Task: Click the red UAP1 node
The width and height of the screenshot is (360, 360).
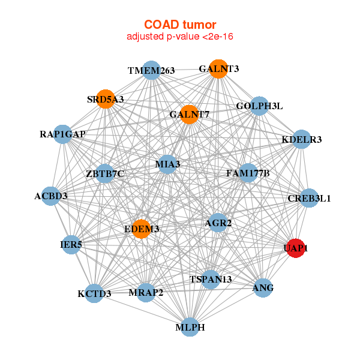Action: [296, 248]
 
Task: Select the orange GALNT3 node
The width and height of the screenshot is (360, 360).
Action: [219, 69]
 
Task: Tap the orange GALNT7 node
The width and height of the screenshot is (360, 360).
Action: [189, 114]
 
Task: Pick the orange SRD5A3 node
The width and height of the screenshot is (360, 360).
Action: [106, 99]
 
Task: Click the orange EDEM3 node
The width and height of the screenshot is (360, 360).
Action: [142, 229]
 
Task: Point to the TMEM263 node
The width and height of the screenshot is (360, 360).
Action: [151, 70]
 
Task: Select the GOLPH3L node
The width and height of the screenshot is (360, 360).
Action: [259, 106]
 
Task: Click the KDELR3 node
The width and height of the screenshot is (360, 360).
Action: [302, 140]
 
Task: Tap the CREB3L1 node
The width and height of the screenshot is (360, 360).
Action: [309, 198]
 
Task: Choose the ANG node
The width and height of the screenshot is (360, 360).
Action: [263, 288]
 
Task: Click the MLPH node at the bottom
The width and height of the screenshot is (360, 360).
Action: [190, 327]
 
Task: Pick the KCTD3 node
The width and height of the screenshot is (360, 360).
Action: [95, 293]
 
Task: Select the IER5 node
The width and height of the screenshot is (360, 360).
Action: [71, 244]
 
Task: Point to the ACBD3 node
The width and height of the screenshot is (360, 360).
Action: [51, 196]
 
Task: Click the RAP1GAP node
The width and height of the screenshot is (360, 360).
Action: [63, 134]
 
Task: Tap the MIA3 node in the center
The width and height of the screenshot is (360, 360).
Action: [167, 164]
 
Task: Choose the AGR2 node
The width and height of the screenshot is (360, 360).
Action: [218, 223]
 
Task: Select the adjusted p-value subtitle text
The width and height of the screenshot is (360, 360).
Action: [179, 37]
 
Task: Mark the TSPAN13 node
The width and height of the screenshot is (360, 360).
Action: [211, 279]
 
